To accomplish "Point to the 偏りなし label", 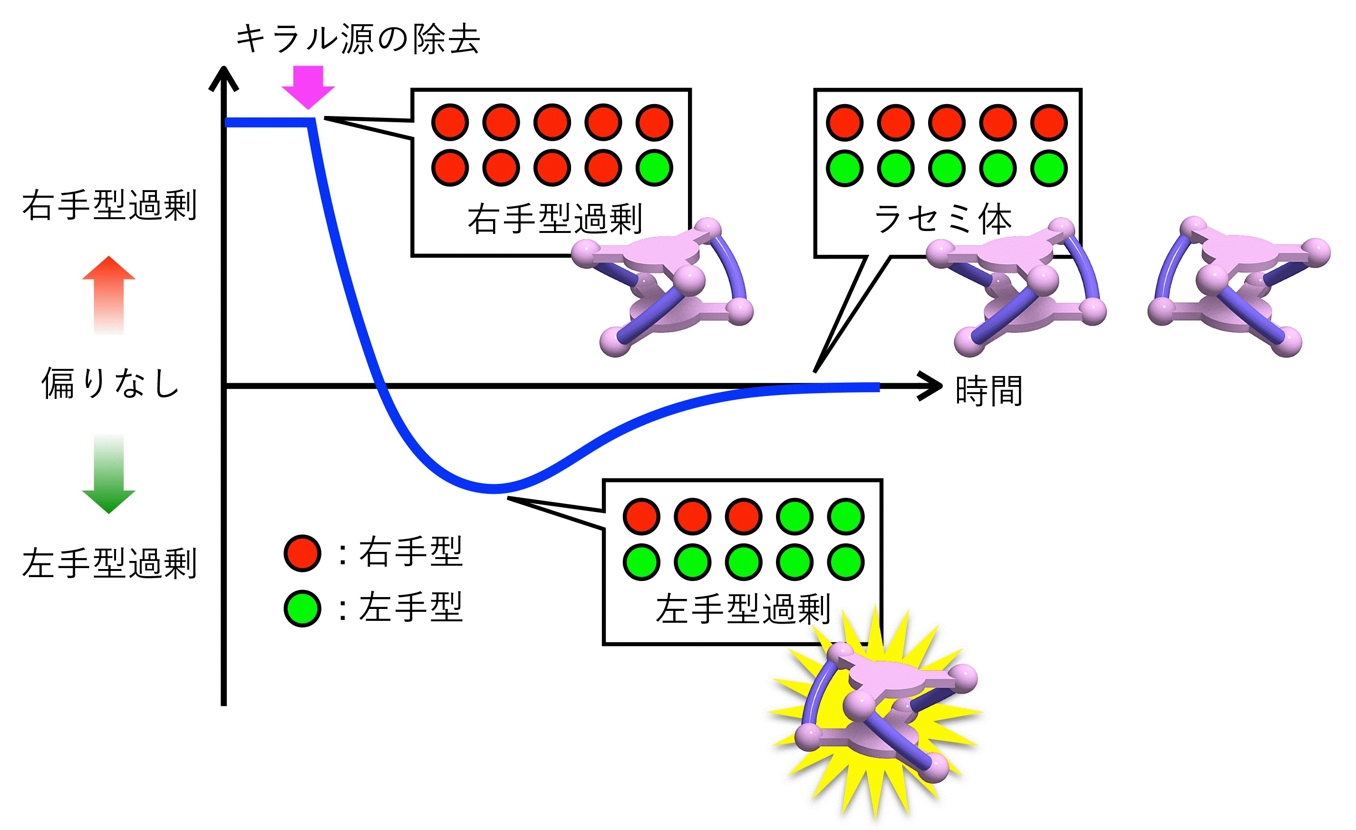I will [110, 383].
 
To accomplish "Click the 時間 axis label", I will [988, 391].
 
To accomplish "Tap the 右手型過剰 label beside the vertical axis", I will [109, 205].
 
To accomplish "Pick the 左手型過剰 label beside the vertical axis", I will [109, 563].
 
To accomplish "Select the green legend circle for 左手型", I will [302, 608].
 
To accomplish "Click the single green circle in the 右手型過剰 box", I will [654, 168].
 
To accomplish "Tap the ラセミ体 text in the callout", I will [943, 219].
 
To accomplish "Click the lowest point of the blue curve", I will [494, 488].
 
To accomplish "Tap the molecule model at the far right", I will [1238, 286].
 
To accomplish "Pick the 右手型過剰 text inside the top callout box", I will [555, 219].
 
